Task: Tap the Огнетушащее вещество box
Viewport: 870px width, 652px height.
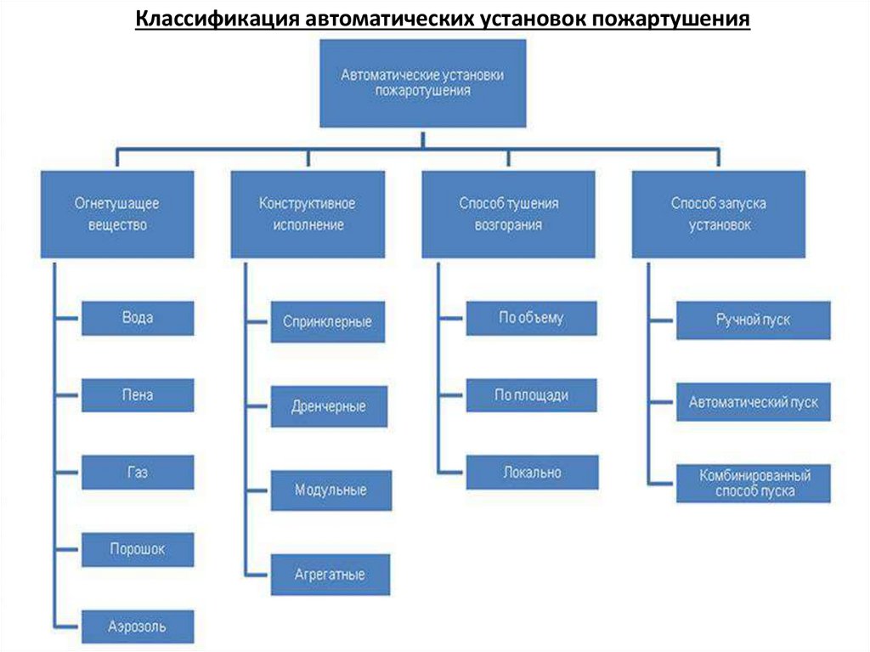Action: [x=117, y=214]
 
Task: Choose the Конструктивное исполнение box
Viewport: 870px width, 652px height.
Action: [x=308, y=214]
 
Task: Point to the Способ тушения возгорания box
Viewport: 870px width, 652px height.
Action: [x=508, y=214]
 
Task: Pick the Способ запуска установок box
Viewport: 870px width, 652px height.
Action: [x=718, y=214]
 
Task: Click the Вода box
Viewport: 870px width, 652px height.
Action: [x=138, y=318]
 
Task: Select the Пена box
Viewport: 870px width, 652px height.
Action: [x=138, y=395]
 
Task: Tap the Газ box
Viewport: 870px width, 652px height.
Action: [x=138, y=472]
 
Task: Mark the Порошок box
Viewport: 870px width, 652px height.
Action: [x=138, y=549]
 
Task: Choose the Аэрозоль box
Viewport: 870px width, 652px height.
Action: [x=138, y=626]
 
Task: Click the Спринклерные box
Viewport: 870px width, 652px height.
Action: [x=328, y=323]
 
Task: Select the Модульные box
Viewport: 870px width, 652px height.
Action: [x=331, y=490]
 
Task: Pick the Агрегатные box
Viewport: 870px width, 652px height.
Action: [x=330, y=575]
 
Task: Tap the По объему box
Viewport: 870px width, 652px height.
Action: [x=531, y=318]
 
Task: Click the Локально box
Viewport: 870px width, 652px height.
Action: [x=531, y=473]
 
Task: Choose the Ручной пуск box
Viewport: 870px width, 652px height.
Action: [x=753, y=320]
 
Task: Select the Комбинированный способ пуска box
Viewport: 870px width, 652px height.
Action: [x=754, y=483]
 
